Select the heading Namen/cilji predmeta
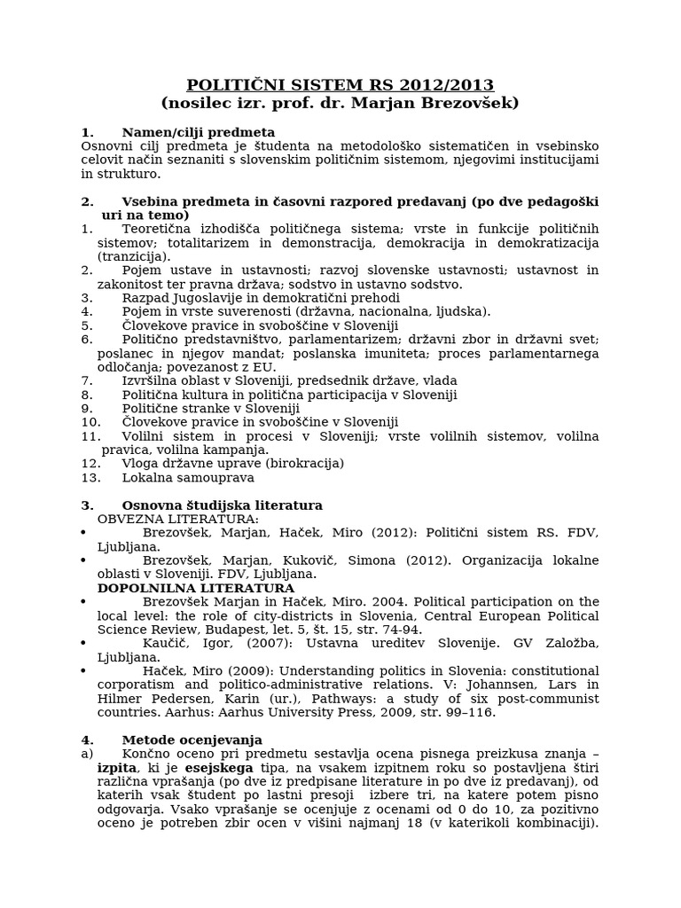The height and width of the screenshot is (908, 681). coord(199,132)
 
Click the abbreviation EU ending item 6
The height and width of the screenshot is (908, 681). coord(264,367)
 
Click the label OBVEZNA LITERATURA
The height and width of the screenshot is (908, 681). coord(178,519)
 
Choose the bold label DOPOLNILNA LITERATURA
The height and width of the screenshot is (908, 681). coord(196,588)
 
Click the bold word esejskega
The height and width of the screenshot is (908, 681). coord(219,767)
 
